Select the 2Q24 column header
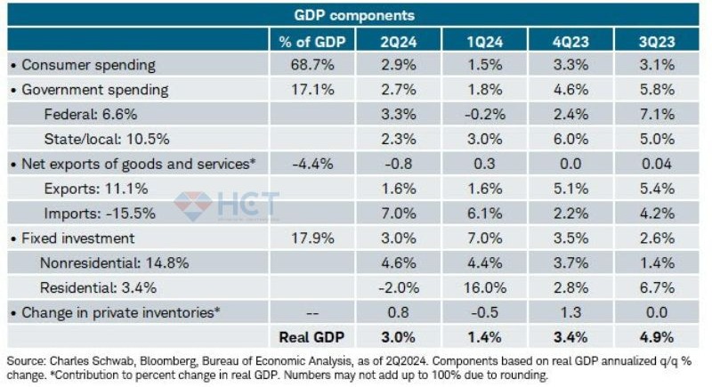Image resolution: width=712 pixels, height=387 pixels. click(x=396, y=40)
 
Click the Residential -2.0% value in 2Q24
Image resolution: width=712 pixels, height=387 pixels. click(x=396, y=287)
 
